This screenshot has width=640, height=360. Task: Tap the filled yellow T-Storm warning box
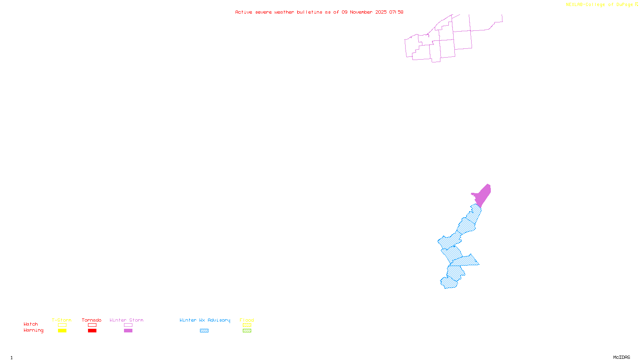click(62, 331)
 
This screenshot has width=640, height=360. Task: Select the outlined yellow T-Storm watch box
click(62, 325)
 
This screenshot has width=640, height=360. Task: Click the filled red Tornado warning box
click(92, 331)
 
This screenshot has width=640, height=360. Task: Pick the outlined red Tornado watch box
click(92, 325)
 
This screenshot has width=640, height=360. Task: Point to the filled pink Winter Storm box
click(128, 331)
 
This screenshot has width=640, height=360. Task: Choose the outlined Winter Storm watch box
click(128, 325)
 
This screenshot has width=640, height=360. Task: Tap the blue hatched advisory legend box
click(204, 331)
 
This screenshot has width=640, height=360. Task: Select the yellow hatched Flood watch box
click(247, 325)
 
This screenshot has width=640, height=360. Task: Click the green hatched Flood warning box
click(247, 331)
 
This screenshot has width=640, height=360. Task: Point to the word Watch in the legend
click(31, 324)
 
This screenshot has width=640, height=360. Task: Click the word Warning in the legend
click(33, 330)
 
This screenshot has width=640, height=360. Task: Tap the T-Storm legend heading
click(62, 320)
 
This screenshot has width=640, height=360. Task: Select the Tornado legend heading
click(92, 320)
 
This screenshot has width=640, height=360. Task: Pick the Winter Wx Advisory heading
click(205, 320)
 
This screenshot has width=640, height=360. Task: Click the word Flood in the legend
click(247, 320)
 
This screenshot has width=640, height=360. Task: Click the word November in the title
click(361, 12)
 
